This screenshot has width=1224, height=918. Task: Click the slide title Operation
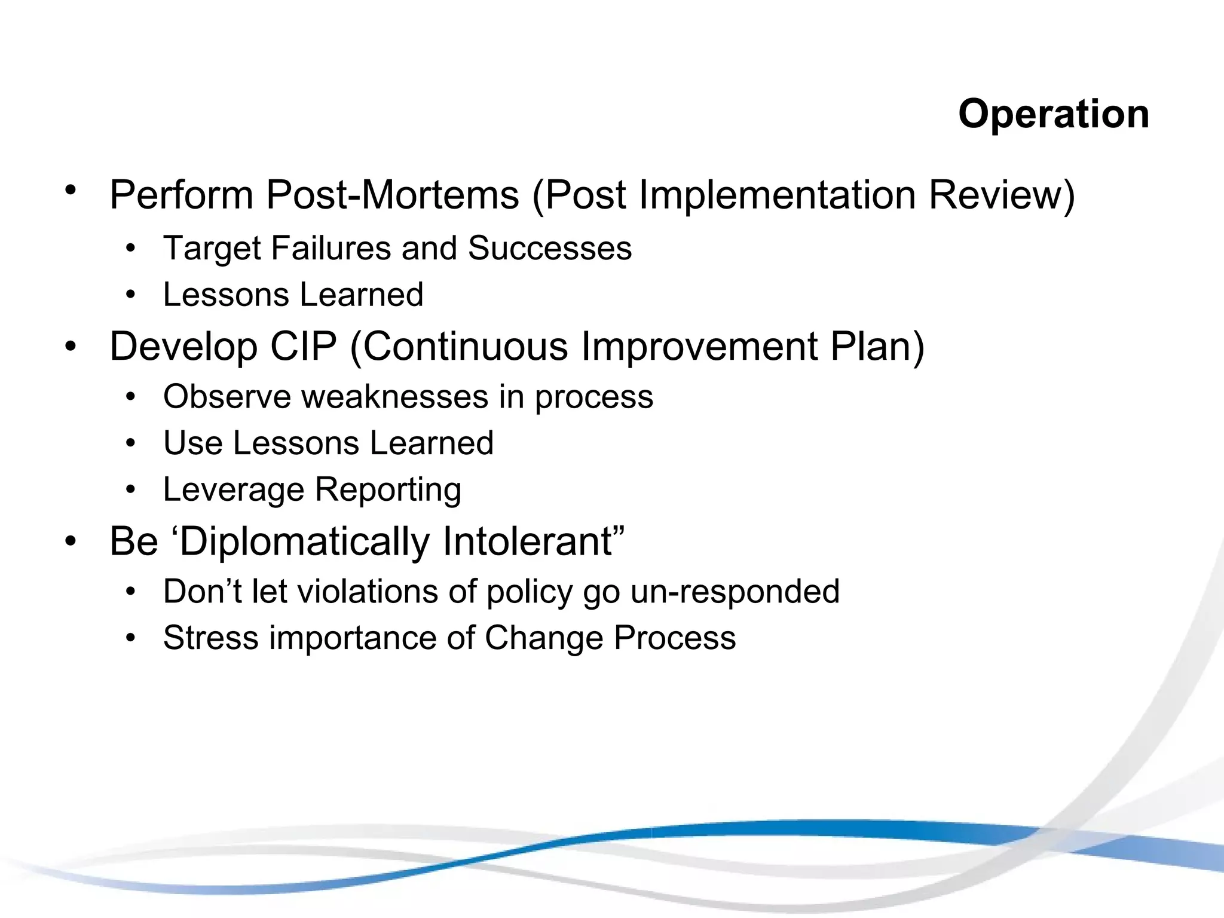(x=1053, y=114)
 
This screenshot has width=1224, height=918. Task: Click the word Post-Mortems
(x=393, y=195)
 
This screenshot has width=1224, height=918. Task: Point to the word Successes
(x=549, y=248)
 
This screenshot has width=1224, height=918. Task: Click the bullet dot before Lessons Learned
(x=131, y=295)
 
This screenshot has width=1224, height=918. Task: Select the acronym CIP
(x=304, y=347)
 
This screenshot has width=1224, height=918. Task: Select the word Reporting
(x=388, y=490)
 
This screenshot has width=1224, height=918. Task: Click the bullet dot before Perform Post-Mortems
(x=71, y=191)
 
